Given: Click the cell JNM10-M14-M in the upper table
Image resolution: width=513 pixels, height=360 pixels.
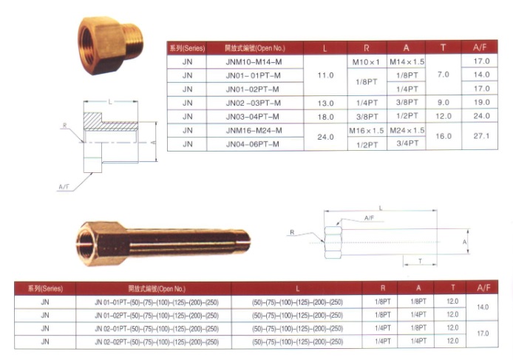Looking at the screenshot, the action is [254, 62].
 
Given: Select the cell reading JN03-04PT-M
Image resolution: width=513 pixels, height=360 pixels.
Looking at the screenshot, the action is [252, 117].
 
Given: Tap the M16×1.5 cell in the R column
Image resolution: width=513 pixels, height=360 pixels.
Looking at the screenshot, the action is [367, 131].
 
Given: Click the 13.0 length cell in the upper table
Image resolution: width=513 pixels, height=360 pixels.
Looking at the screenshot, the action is [325, 103].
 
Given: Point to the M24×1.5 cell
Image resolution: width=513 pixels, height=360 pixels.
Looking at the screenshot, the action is [407, 131].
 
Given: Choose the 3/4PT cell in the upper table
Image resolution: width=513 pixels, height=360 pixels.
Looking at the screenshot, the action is [407, 143].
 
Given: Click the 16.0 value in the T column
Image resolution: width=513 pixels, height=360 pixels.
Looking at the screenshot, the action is [444, 136].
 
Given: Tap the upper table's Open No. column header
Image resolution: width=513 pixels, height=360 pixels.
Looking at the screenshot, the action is [255, 48].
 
